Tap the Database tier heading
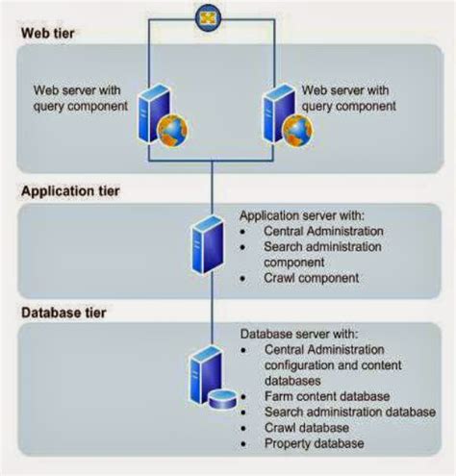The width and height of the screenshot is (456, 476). coord(63,313)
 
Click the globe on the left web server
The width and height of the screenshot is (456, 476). coord(173,129)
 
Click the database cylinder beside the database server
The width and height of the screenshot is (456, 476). coord(223,397)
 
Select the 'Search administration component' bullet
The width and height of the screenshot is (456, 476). coord(322,254)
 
